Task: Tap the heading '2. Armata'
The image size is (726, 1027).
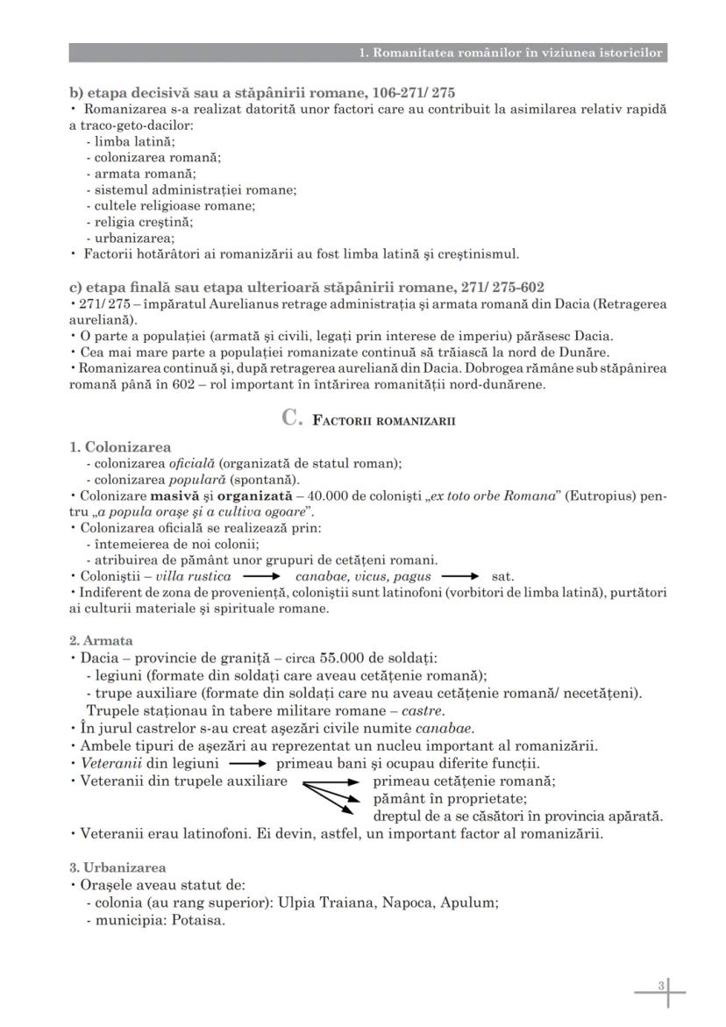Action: [101, 641]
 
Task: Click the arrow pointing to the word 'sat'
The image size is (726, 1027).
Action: [460, 577]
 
